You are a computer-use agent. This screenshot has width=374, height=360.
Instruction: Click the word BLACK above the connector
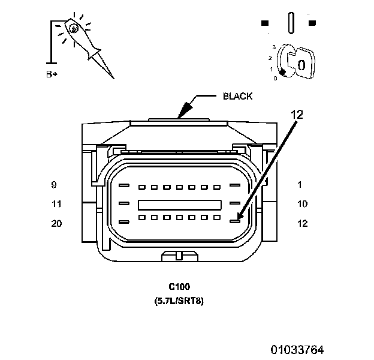click(237, 96)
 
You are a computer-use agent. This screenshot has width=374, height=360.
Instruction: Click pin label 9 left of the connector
click(54, 185)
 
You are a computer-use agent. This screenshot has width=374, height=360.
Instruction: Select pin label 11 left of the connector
click(56, 204)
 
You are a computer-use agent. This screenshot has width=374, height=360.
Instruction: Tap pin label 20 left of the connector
click(56, 224)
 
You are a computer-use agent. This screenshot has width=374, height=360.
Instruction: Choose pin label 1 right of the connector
click(299, 185)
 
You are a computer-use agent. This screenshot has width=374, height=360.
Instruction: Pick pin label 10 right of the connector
click(302, 204)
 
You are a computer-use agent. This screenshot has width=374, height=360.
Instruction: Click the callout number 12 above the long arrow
click(298, 113)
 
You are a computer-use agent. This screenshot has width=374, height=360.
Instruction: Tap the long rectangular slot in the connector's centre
click(180, 204)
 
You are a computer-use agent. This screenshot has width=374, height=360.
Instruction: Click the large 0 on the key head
click(301, 64)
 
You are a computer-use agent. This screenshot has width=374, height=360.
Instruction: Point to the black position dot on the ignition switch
click(283, 71)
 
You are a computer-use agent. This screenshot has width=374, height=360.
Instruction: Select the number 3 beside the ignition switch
click(273, 46)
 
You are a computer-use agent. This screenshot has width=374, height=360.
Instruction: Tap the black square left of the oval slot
click(265, 23)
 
